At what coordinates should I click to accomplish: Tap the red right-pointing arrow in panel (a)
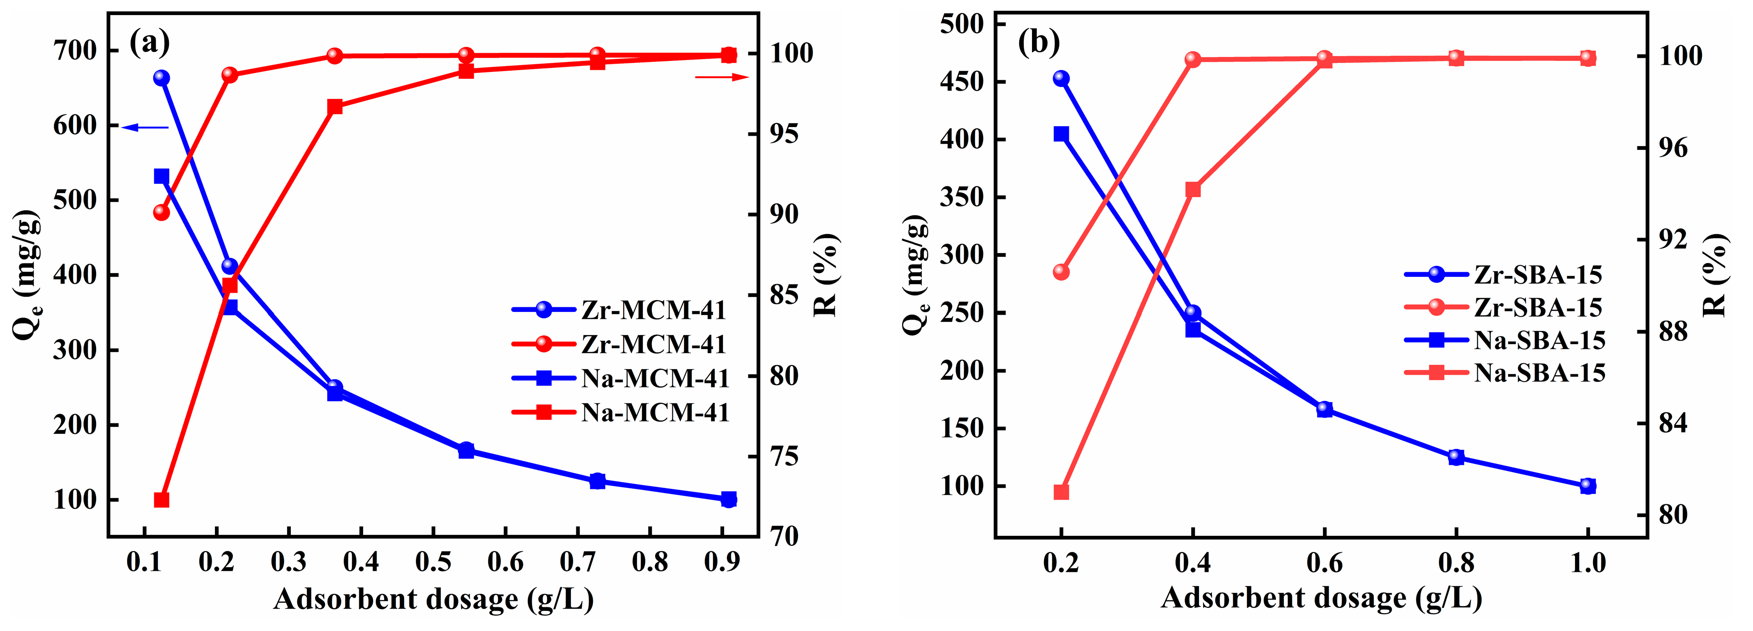pos(722,77)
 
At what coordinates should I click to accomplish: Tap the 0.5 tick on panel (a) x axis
pos(433,562)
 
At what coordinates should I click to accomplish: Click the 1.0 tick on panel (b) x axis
pos(1588,563)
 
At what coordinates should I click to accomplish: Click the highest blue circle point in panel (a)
pos(161,77)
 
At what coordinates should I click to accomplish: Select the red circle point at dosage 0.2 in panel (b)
pos(1061,272)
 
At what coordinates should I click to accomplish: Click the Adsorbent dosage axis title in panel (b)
pos(1321,598)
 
